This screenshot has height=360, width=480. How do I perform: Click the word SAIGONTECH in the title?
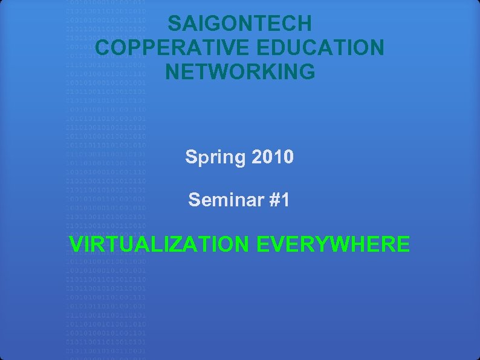coord(240,24)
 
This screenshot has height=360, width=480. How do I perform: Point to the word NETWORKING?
coord(240,71)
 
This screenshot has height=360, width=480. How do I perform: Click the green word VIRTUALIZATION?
coord(159,244)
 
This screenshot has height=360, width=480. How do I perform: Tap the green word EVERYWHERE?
coord(333,244)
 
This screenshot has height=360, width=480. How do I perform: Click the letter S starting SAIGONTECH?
coord(174,24)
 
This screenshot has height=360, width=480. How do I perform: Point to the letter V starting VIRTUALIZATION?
coord(76,244)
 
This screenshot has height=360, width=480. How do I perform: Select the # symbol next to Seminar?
coord(274,199)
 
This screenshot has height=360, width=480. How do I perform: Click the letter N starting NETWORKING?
coord(172,71)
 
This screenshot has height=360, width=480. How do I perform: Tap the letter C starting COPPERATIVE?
coord(103,48)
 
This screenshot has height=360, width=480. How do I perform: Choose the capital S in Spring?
coord(190,157)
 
